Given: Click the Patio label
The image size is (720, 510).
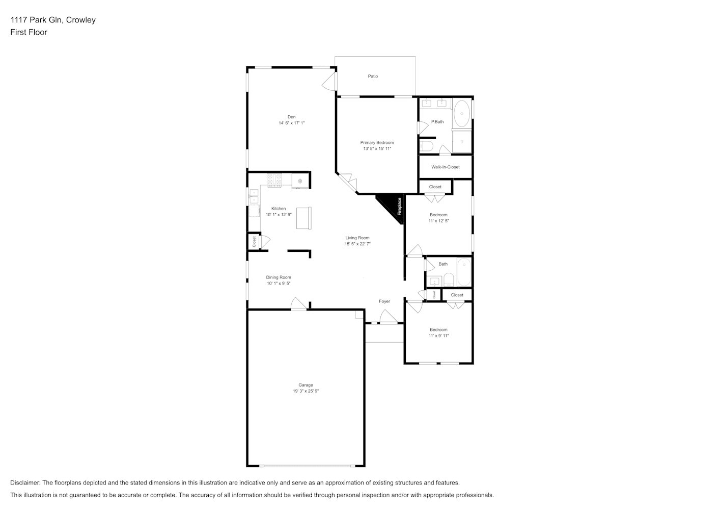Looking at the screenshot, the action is click(373, 76).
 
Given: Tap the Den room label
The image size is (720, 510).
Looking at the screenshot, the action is click(292, 117).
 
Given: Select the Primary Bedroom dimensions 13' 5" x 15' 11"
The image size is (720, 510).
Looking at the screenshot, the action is click(377, 149).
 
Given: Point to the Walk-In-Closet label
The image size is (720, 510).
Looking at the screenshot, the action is click(446, 167).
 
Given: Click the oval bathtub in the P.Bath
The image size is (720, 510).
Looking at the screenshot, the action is click(462, 114).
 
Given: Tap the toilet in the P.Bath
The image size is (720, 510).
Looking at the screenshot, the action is click(427, 146).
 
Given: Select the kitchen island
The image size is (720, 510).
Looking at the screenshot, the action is click(304, 218).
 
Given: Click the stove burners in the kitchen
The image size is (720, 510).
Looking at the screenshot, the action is click(274, 181).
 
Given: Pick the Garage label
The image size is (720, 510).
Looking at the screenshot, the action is click(306, 385).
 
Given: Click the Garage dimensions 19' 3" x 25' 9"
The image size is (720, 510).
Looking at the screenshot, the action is click(306, 391).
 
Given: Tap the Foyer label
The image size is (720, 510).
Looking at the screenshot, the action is click(384, 301).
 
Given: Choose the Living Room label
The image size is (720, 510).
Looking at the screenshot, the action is click(357, 238).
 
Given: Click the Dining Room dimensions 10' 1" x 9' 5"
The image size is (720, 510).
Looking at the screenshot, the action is click(279, 284).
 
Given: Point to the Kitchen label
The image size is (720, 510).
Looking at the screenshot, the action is click(279, 209).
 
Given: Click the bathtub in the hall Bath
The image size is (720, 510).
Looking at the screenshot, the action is click(464, 272).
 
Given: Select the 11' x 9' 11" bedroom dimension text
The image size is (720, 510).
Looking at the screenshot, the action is click(439, 336).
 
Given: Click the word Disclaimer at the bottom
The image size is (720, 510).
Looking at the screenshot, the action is click(25, 482).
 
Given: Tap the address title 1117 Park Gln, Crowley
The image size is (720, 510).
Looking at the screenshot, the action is click(53, 20).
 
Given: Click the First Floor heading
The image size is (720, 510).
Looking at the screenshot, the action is click(29, 32).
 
